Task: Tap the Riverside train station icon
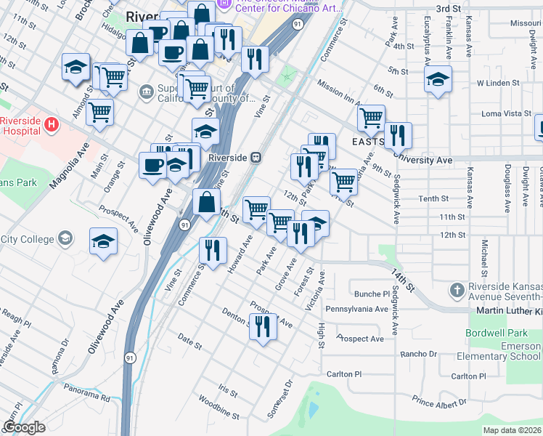coord(256,157)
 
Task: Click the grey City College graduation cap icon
coord(65,238)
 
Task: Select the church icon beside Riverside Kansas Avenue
coord(456,291)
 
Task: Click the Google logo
coord(24,427)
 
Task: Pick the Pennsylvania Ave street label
coord(356,309)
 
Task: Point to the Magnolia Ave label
coord(69,166)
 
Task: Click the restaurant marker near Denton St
coord(262,327)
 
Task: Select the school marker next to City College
coord(103,242)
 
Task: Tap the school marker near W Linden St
coord(438,79)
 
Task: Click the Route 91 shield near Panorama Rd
coord(129,358)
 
